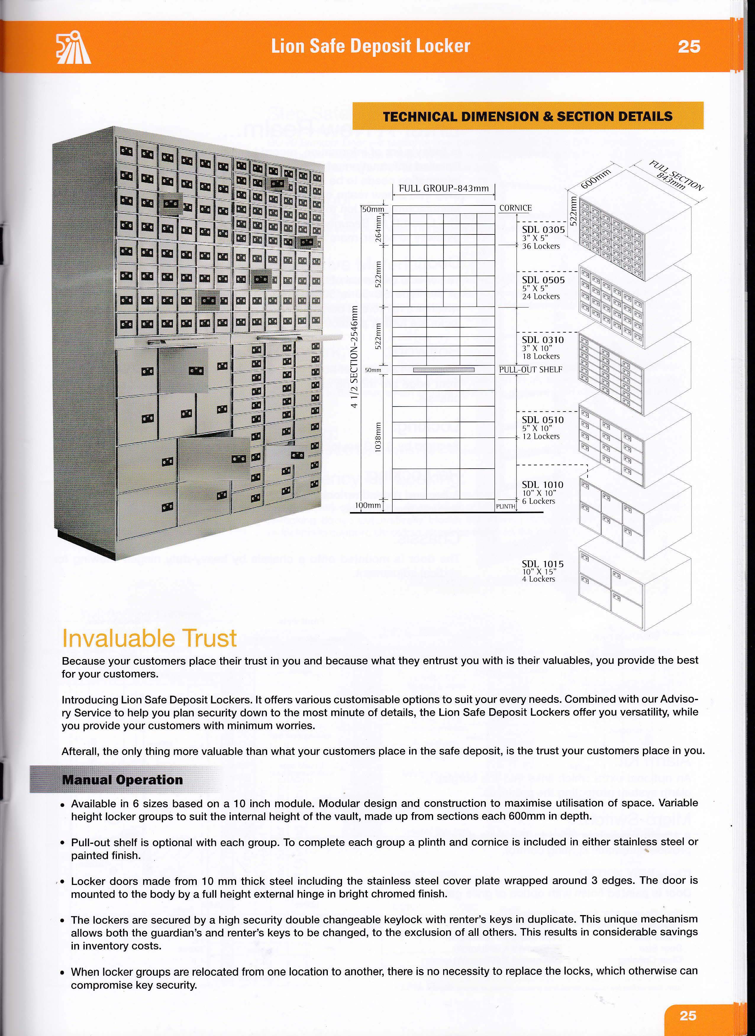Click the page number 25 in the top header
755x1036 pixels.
689,47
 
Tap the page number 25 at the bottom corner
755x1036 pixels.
687,1015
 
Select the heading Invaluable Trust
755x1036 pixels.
149,638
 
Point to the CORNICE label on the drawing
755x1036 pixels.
515,208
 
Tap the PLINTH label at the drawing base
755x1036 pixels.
506,506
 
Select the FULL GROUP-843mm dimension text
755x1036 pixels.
443,188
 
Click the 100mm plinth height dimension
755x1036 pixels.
367,505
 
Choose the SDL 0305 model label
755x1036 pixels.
543,229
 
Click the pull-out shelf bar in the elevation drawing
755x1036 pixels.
443,370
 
